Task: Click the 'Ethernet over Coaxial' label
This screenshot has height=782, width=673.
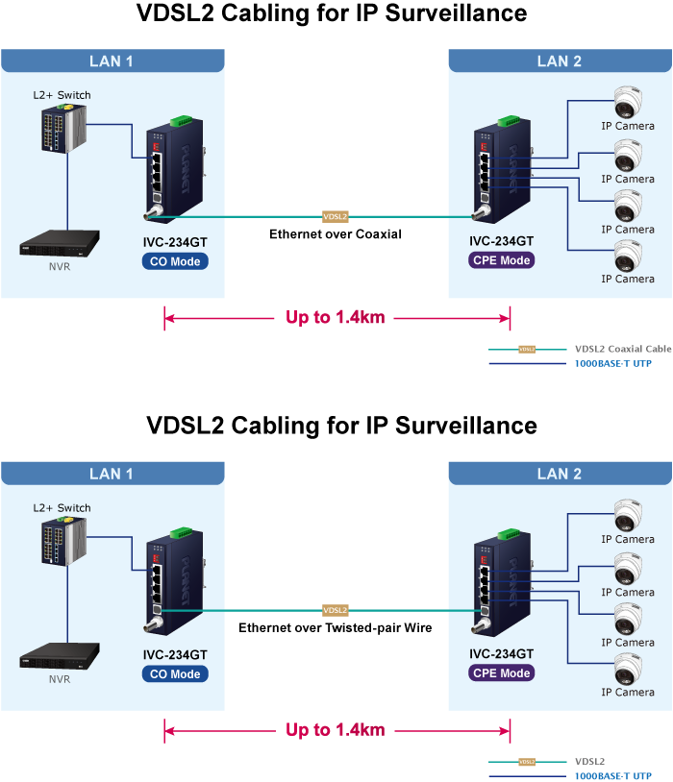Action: (x=335, y=234)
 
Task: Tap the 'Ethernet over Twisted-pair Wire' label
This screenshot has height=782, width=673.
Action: (x=335, y=627)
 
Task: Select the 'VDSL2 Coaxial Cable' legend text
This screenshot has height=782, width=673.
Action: (x=622, y=349)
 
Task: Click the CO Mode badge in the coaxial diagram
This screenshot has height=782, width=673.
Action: (x=175, y=261)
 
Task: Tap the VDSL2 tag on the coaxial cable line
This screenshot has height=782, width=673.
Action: (x=335, y=217)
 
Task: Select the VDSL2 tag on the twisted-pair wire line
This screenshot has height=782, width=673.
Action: (x=335, y=610)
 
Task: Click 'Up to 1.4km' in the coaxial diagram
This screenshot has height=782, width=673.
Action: (x=335, y=317)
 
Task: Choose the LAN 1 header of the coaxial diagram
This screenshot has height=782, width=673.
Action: (x=112, y=61)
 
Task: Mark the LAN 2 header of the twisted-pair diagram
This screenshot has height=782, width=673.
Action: (x=560, y=473)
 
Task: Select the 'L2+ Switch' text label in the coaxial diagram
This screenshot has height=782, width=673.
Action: (x=62, y=95)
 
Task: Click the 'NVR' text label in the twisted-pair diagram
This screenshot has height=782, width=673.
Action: (x=60, y=679)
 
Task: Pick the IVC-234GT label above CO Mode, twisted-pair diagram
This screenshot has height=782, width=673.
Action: (x=175, y=655)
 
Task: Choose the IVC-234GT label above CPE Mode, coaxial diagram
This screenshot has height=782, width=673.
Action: (x=502, y=242)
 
